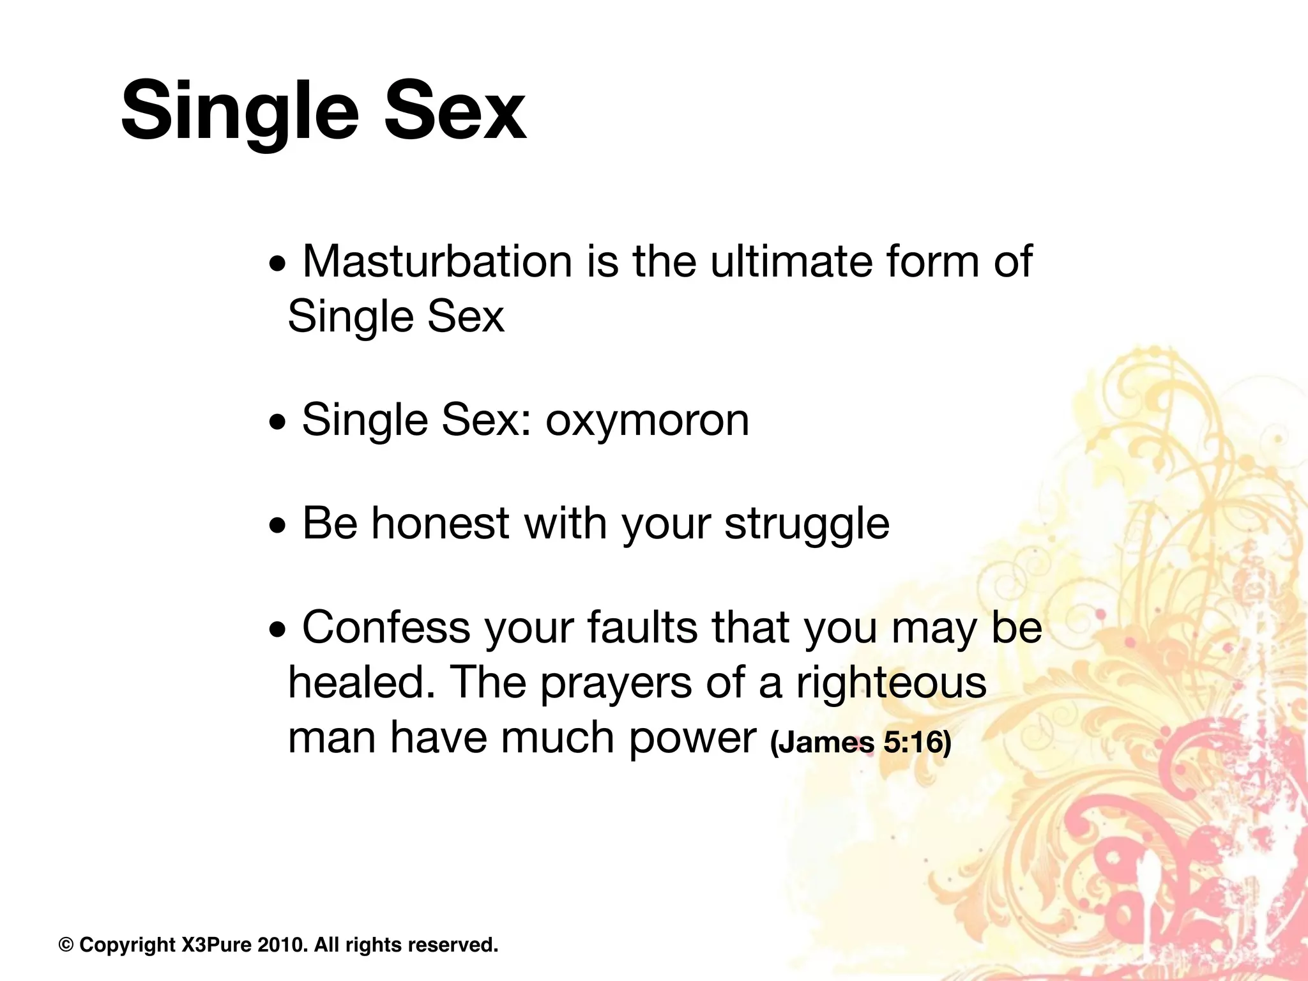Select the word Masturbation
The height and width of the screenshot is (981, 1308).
(x=437, y=262)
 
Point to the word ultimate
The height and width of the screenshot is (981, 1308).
(x=791, y=262)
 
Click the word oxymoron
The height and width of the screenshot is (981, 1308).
(x=647, y=420)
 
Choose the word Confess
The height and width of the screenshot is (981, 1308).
(x=386, y=627)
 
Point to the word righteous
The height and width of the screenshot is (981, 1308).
(x=891, y=682)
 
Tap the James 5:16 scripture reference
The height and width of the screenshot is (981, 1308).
(x=861, y=742)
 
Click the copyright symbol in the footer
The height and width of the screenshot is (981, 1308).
(x=66, y=945)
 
